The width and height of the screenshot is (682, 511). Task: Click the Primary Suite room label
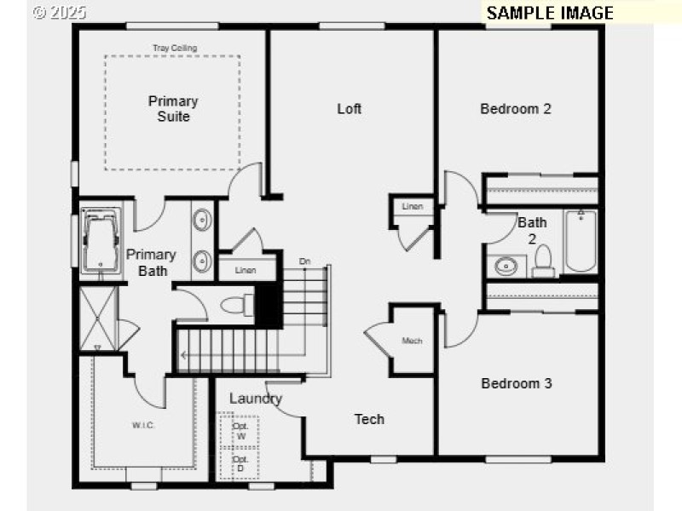click(173, 108)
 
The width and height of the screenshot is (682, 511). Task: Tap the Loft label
click(350, 108)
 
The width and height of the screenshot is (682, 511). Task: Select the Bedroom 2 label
click(516, 108)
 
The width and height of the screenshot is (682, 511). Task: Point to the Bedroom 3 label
click(517, 383)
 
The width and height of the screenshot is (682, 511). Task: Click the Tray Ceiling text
click(175, 49)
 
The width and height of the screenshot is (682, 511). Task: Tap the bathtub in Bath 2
click(581, 241)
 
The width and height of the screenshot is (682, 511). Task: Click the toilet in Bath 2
click(543, 262)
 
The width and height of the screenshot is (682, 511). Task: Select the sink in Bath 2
click(506, 266)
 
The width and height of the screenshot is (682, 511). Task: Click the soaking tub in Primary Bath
click(102, 241)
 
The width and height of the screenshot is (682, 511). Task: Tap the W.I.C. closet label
click(142, 425)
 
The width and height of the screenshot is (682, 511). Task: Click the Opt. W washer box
click(240, 431)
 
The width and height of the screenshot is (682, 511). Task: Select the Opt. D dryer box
click(240, 463)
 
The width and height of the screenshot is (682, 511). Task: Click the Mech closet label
click(413, 342)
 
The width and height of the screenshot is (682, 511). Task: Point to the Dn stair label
click(304, 261)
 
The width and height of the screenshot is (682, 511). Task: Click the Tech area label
click(369, 419)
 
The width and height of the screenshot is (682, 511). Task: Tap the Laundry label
click(256, 399)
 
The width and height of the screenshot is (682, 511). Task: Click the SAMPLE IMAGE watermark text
click(550, 13)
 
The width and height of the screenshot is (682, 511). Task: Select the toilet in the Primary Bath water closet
click(236, 304)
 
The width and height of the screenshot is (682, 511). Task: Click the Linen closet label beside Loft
click(413, 207)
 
